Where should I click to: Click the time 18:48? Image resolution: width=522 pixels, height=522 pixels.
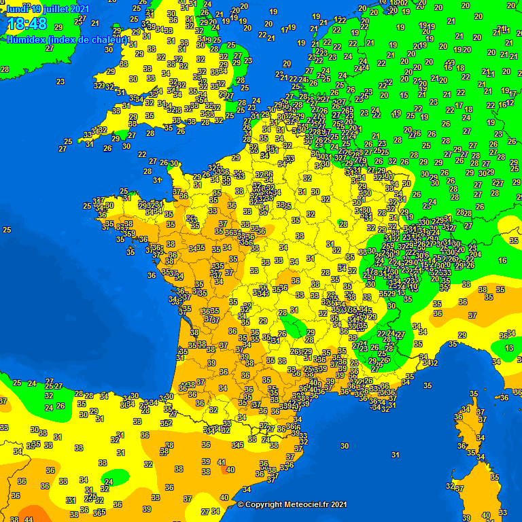(x=27, y=25)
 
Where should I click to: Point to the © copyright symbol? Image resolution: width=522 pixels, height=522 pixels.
(x=241, y=504)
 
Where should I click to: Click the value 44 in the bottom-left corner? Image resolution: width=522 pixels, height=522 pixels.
(x=28, y=519)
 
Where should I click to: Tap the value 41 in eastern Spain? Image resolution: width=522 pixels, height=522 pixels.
(x=221, y=462)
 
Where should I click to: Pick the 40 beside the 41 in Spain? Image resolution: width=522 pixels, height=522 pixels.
(x=230, y=470)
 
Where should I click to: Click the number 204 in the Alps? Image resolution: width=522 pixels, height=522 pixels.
(x=474, y=254)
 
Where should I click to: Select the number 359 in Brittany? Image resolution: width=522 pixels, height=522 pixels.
(x=128, y=233)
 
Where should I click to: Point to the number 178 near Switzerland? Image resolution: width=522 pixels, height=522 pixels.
(x=371, y=273)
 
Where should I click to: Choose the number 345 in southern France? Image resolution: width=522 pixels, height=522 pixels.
(x=237, y=445)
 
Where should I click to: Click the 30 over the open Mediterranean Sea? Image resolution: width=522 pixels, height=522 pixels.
(x=345, y=446)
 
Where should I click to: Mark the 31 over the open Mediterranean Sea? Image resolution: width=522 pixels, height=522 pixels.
(x=395, y=455)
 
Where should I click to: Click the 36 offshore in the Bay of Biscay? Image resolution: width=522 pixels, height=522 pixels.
(x=151, y=275)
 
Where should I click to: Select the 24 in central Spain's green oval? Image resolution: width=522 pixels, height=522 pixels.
(x=109, y=481)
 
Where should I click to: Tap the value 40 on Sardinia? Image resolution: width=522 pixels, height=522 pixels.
(x=485, y=516)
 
